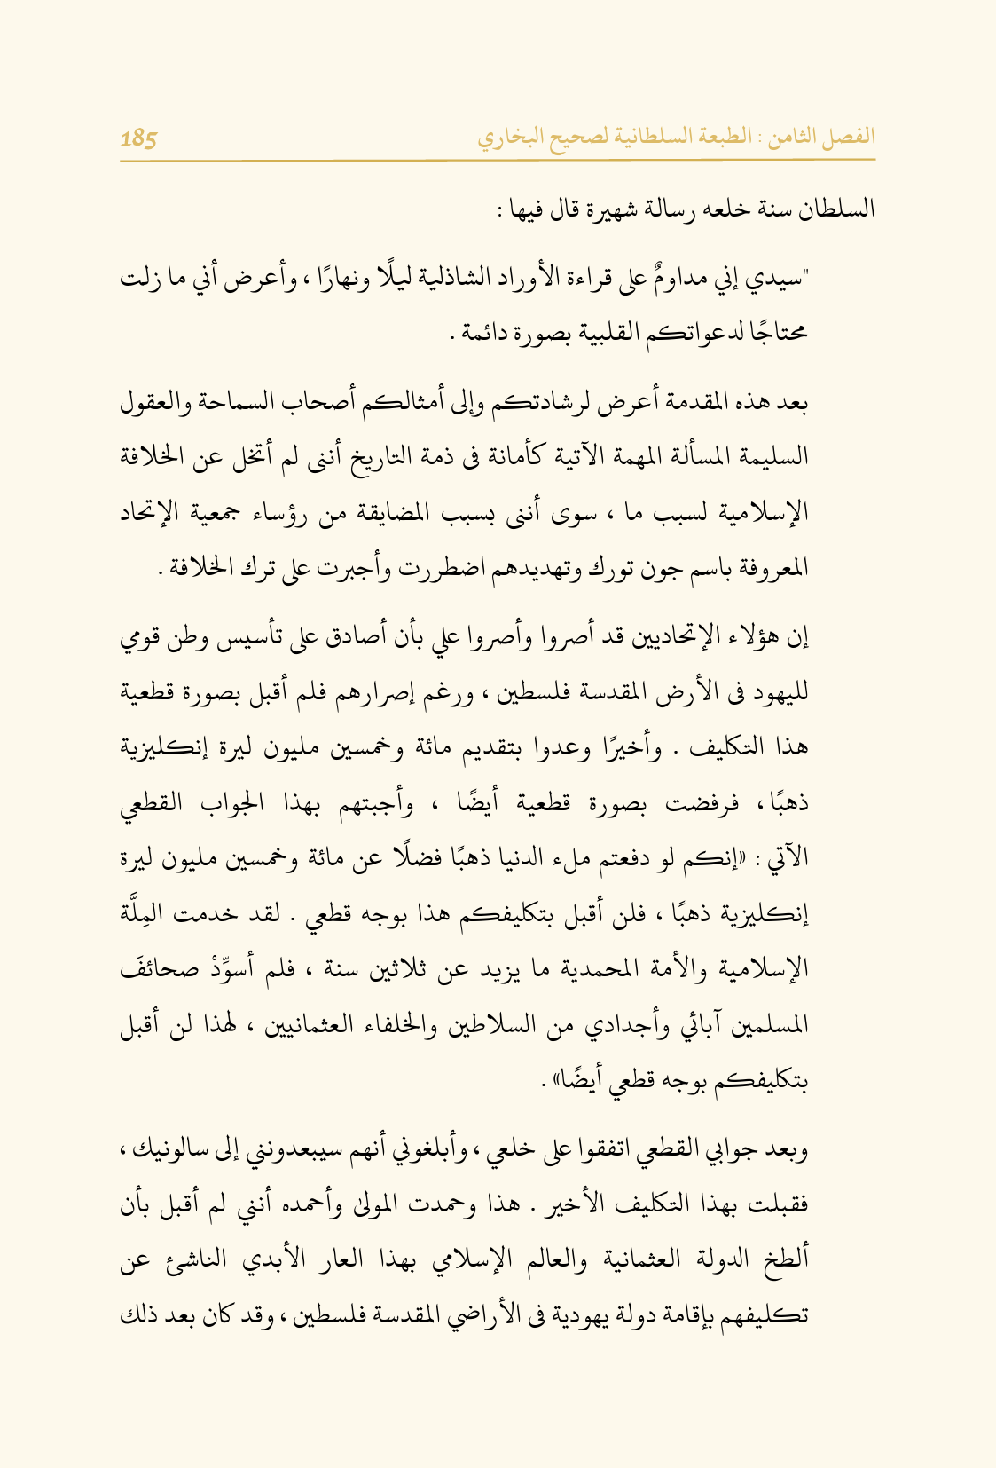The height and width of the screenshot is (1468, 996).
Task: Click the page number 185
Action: click(x=138, y=138)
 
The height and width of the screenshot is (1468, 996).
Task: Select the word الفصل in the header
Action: click(x=852, y=137)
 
